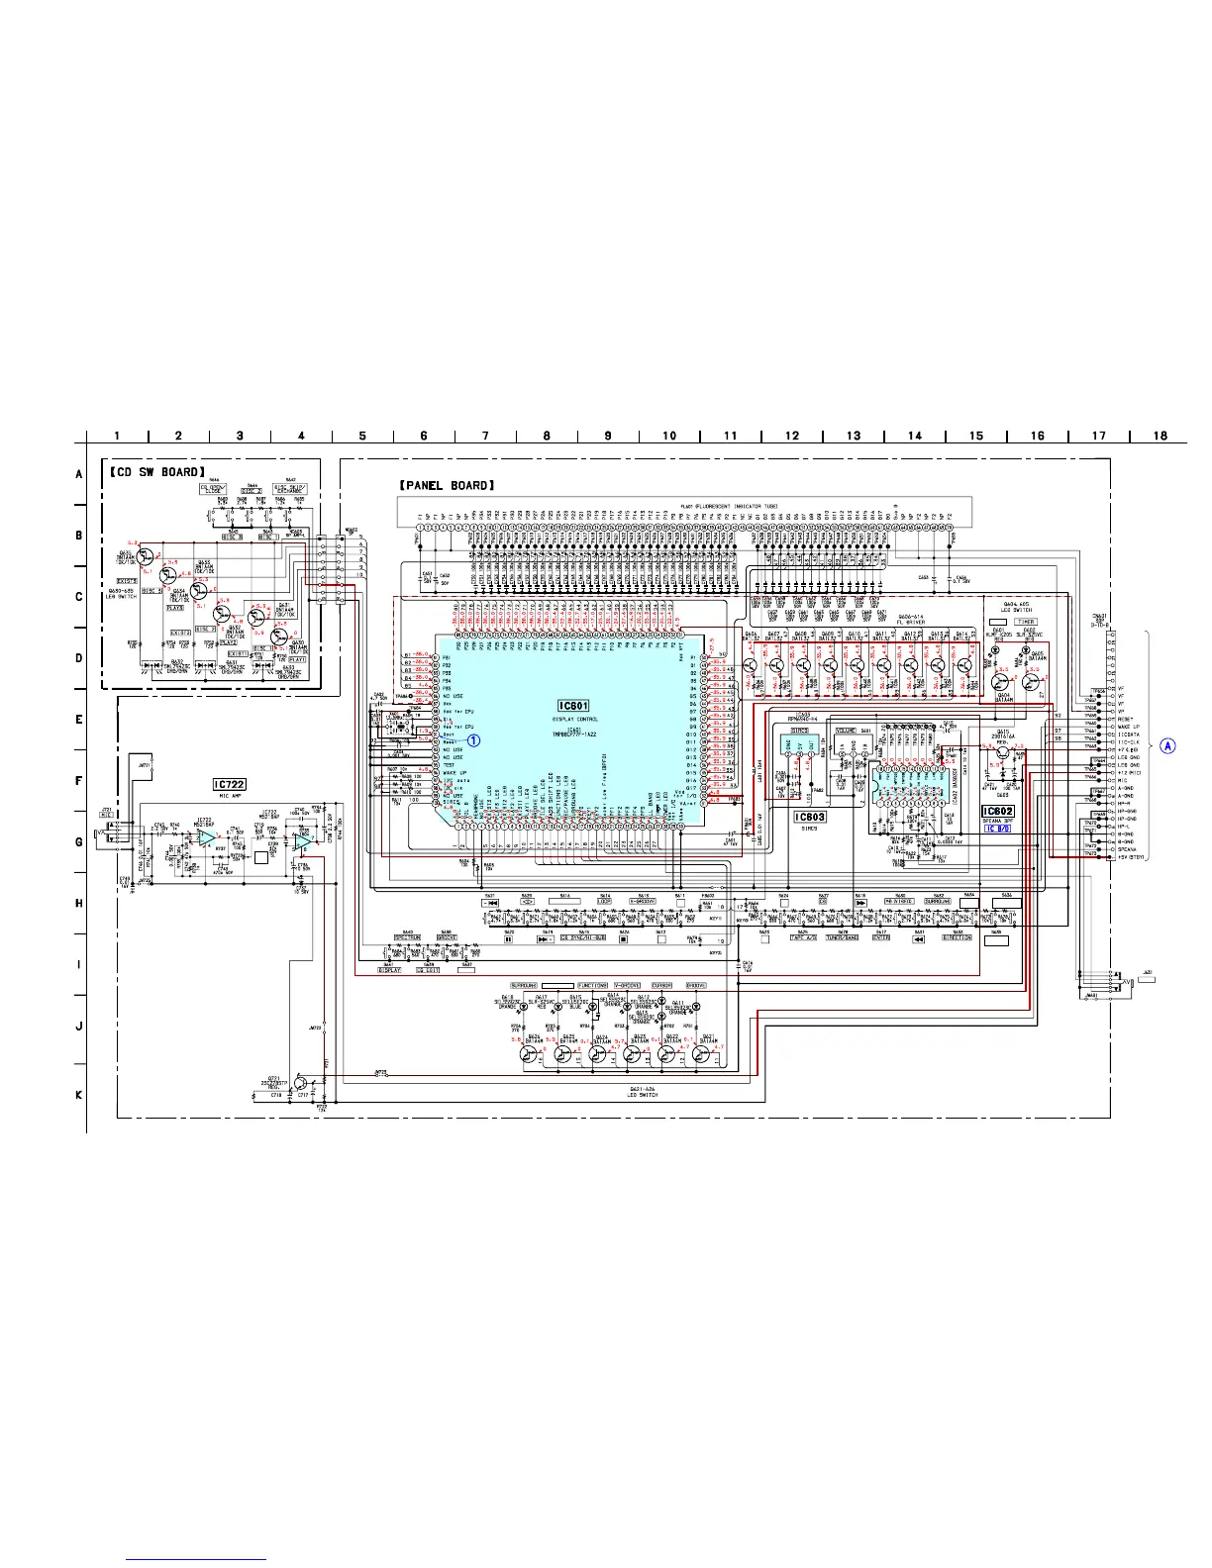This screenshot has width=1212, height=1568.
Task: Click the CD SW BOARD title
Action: (x=156, y=472)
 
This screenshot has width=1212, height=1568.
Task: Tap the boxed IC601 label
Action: (x=573, y=706)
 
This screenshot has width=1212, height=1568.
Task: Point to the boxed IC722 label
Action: (x=229, y=784)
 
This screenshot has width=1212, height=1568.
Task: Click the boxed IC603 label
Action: (x=809, y=817)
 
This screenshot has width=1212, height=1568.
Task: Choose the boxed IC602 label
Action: (x=998, y=812)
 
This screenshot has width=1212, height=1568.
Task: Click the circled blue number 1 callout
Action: (x=474, y=738)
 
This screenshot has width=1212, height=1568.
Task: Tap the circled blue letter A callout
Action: (x=1168, y=745)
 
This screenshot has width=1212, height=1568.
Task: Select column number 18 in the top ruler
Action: (x=1160, y=436)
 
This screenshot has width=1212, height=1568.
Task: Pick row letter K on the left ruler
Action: (x=79, y=1095)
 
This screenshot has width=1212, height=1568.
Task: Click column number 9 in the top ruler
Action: (x=608, y=436)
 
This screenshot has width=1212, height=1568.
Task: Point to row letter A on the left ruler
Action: (x=79, y=474)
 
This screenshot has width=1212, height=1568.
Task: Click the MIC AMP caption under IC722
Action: (x=229, y=796)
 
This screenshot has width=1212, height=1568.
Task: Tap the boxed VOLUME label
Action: (x=846, y=731)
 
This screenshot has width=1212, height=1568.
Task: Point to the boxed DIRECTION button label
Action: (x=957, y=937)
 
